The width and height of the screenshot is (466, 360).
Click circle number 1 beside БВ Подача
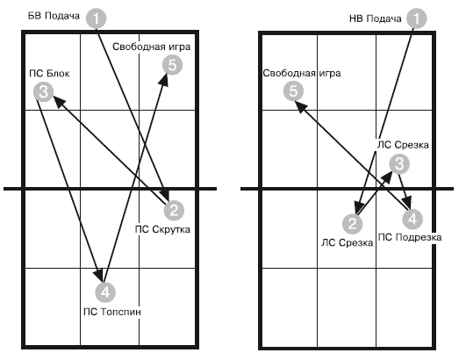click(96, 18)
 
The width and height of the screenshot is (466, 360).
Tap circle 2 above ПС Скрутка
click(174, 210)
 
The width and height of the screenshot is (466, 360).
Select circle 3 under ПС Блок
click(43, 91)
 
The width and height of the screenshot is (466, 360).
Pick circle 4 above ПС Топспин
click(105, 292)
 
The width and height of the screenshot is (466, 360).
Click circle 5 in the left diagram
click(172, 65)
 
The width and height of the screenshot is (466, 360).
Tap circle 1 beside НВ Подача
click(417, 18)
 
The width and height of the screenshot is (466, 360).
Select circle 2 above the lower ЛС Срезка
click(353, 224)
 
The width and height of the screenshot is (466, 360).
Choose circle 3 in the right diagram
click(399, 164)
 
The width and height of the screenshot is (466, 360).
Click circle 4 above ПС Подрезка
click(412, 220)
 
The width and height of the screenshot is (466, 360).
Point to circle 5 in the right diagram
click(293, 91)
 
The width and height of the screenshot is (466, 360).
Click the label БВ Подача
click(54, 16)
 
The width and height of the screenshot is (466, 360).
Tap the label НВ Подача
click(376, 18)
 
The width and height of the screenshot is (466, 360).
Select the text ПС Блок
click(49, 74)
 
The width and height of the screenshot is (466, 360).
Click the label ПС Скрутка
click(162, 229)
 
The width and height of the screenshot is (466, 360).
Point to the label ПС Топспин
click(112, 312)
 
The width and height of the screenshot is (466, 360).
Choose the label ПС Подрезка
click(410, 237)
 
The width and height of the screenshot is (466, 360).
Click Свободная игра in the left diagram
click(152, 47)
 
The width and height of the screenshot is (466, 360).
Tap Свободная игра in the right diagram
click(302, 73)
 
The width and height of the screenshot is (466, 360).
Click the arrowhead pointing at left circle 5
click(164, 80)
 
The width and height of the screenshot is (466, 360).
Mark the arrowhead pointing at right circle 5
click(301, 107)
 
